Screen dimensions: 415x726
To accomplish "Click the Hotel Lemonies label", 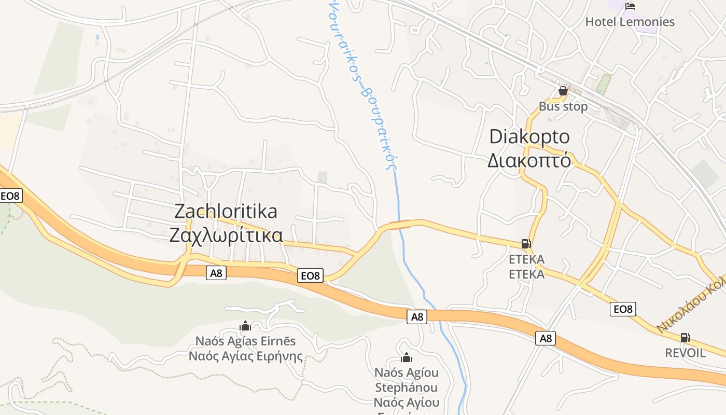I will click(x=630, y=22).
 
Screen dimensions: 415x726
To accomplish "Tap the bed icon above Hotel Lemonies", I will click(x=630, y=6).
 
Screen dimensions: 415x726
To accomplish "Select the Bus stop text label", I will click(x=563, y=107).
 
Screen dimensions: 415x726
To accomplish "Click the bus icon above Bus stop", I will click(x=563, y=91).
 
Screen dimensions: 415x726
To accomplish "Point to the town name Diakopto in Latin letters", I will click(x=529, y=137).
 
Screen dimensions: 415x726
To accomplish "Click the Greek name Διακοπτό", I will click(x=529, y=161).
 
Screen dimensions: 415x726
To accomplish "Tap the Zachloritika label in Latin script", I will click(x=226, y=212).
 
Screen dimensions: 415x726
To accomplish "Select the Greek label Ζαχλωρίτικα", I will click(x=226, y=236).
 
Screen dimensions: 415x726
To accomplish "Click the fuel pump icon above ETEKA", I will click(x=526, y=243).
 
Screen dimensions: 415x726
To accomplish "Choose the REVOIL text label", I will click(x=685, y=353).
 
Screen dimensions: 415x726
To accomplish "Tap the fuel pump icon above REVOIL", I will click(x=685, y=338).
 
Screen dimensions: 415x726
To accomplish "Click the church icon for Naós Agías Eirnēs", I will click(x=245, y=326).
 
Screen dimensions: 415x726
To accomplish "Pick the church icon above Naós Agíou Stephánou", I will click(x=407, y=357).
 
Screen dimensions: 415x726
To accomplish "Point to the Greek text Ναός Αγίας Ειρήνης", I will click(x=245, y=356).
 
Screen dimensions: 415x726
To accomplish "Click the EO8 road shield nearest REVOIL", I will click(x=623, y=309).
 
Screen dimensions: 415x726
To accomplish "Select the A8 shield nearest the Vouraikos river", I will click(x=417, y=316).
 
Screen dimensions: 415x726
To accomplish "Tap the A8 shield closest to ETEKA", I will click(x=546, y=338).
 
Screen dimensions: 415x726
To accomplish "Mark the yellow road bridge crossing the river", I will click(x=399, y=224).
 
